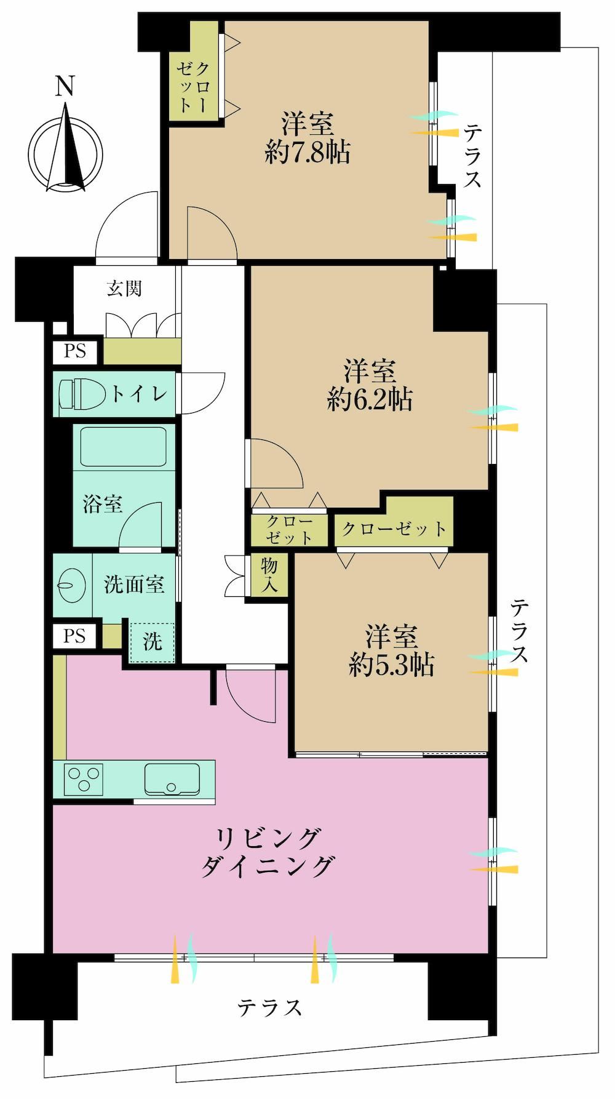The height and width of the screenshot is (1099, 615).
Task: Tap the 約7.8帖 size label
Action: click(307, 151)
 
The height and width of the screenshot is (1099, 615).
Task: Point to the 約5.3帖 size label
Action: click(392, 665)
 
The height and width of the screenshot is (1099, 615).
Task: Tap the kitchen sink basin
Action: click(172, 779)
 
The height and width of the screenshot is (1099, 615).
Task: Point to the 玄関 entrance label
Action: click(125, 287)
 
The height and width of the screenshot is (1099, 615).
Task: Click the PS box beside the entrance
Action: click(74, 353)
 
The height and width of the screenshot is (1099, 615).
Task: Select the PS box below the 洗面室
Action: click(74, 636)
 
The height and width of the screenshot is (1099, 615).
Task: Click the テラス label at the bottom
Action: click(271, 1007)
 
